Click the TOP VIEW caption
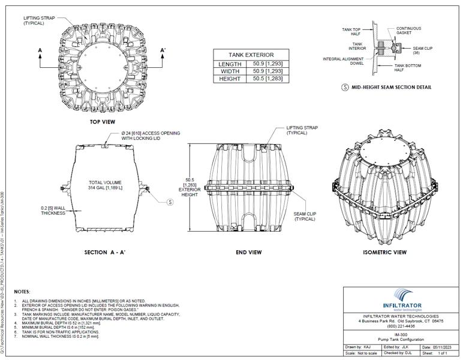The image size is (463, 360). tap(103, 122)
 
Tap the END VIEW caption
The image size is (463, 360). tap(248, 253)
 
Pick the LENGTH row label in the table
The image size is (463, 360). tap(230, 64)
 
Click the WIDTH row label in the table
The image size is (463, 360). tap(230, 71)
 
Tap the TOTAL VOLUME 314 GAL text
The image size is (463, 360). tap(105, 185)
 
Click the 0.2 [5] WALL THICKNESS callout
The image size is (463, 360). tap(53, 211)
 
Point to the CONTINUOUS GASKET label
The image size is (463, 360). tap(408, 31)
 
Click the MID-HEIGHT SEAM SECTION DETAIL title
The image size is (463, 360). tap(391, 87)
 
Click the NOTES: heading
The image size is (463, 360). tap(22, 291)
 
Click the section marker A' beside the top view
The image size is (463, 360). tap(163, 50)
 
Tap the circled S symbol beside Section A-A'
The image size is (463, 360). tap(170, 202)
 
